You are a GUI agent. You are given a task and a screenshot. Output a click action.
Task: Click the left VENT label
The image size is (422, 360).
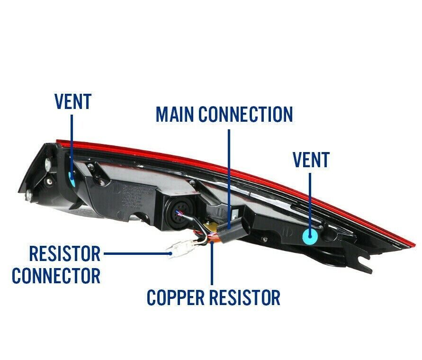[72, 101]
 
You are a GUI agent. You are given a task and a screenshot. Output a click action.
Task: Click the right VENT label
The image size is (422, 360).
[311, 160]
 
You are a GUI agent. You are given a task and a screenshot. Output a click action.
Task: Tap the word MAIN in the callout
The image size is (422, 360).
[175, 114]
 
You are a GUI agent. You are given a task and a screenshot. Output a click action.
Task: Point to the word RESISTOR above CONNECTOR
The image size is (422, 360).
[64, 253]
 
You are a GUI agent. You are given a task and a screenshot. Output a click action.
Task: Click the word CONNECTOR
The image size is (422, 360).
[56, 275]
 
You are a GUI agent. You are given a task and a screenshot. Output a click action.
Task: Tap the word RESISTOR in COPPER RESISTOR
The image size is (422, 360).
[247, 297]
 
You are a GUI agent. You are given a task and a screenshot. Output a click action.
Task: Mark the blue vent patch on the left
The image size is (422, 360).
[72, 179]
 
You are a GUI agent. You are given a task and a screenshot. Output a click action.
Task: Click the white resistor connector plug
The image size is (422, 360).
[180, 248]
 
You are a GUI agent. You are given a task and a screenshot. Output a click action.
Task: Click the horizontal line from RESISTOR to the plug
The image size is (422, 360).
[136, 253]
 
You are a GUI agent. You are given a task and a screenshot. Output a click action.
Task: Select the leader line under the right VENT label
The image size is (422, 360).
[311, 199]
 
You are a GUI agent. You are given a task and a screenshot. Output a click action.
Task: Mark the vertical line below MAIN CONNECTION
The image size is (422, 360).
[229, 175]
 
